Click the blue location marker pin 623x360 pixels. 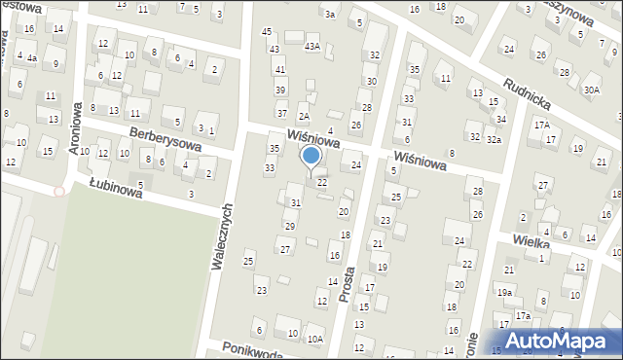[x=311, y=157]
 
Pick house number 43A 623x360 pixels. [x=311, y=46]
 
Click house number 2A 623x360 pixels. [x=304, y=117]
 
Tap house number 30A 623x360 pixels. [x=592, y=90]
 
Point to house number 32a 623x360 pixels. [x=495, y=140]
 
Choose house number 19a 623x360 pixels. [x=504, y=292]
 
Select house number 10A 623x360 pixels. [x=314, y=339]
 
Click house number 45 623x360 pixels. [x=267, y=32]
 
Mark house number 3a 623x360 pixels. [x=330, y=14]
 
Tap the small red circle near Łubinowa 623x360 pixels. [x=59, y=192]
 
